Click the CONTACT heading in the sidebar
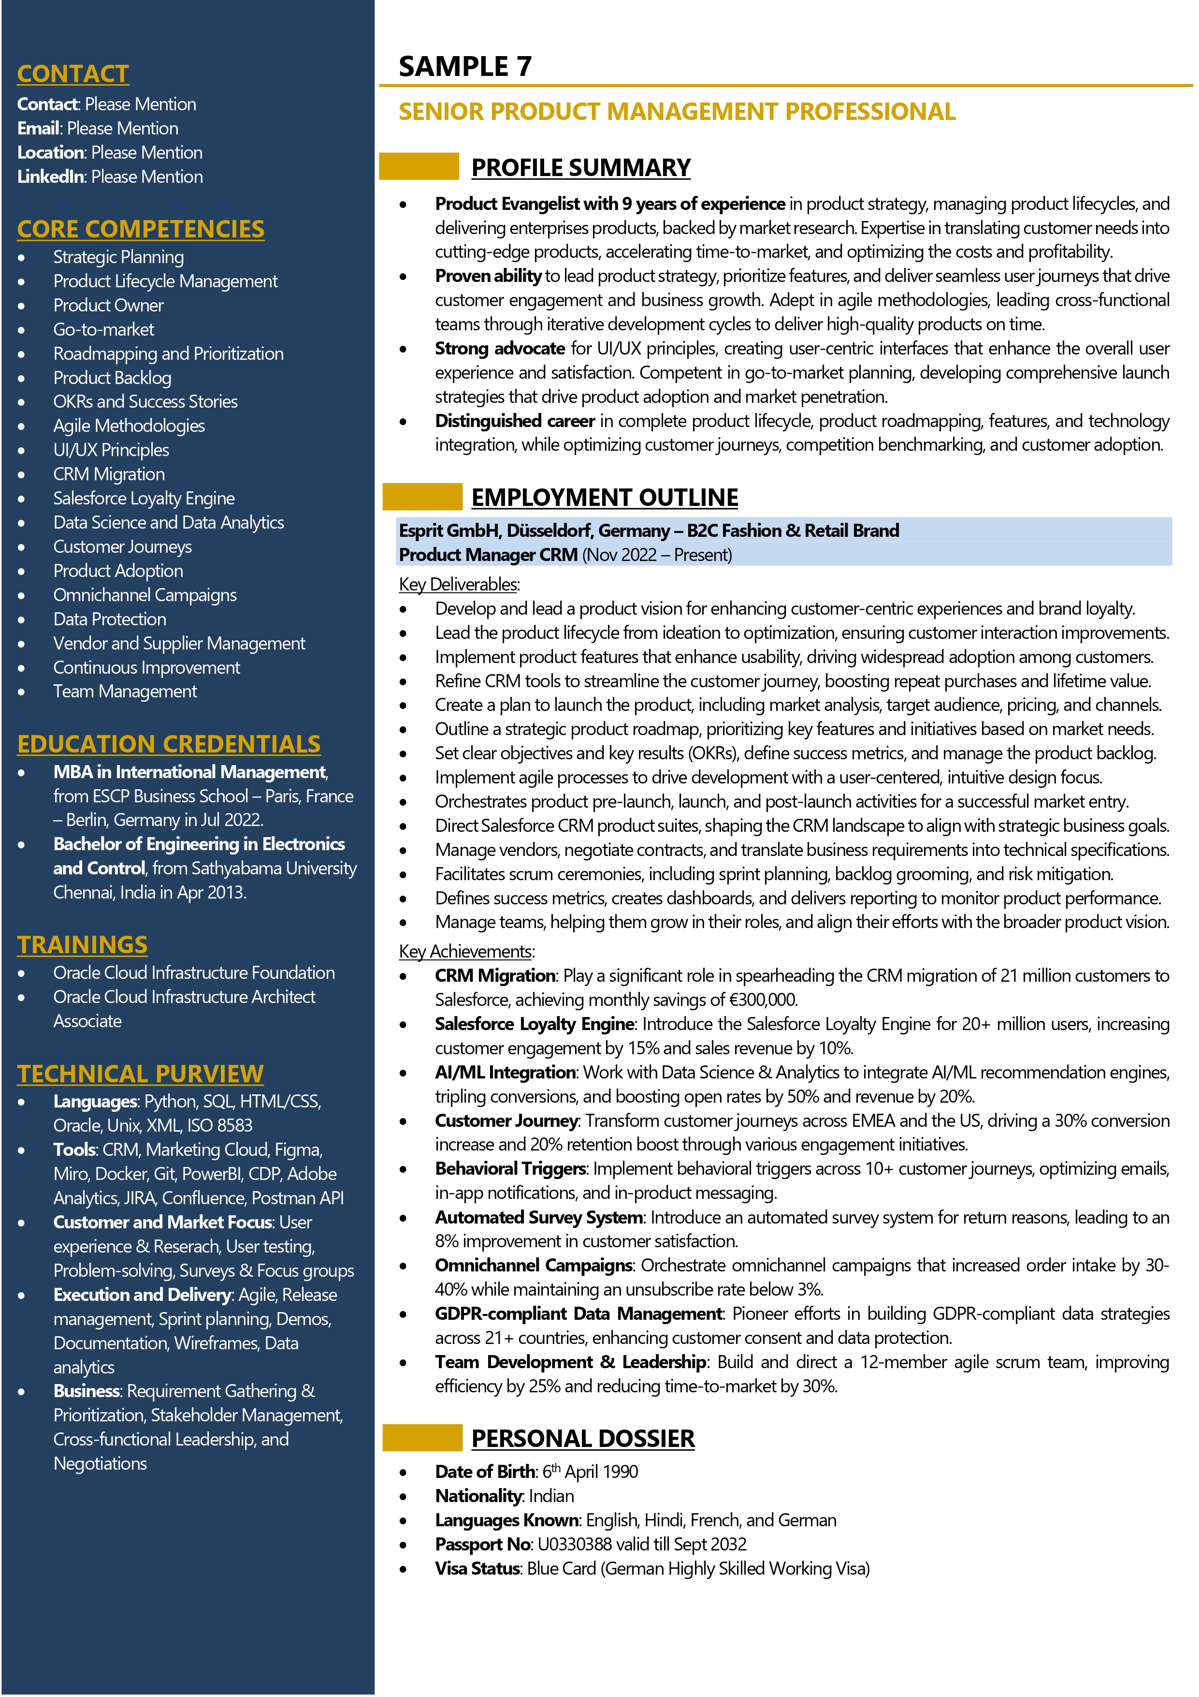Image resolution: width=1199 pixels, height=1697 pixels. (72, 74)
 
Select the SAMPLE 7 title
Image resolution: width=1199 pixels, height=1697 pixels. (465, 67)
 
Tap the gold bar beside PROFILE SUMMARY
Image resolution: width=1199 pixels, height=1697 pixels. (419, 166)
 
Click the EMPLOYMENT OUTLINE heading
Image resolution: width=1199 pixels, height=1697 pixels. (604, 498)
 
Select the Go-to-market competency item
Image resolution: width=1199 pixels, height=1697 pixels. (103, 330)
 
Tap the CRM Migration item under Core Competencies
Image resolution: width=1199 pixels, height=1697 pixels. (109, 474)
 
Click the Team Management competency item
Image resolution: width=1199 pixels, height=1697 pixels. (125, 692)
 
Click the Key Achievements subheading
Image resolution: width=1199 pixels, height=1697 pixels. (465, 951)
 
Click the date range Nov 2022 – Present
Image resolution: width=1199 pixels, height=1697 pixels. (657, 555)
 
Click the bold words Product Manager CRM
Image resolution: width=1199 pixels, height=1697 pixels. (488, 555)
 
